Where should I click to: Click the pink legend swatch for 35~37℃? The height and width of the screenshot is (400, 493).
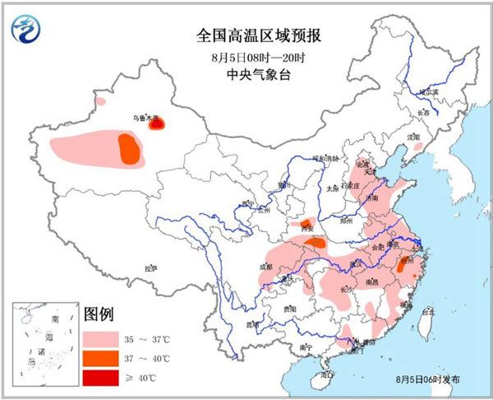tap(101, 337)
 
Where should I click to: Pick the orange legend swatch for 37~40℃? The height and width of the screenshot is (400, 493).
tap(101, 358)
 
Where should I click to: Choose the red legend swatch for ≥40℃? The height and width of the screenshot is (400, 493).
tap(101, 378)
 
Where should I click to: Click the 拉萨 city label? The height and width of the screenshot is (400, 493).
tap(150, 267)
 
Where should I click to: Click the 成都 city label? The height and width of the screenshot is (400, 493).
tap(265, 266)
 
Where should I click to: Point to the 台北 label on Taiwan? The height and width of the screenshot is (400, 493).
tap(428, 313)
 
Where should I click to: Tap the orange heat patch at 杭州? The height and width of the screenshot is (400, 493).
tap(402, 264)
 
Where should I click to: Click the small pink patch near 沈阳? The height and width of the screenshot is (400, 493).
tap(417, 148)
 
